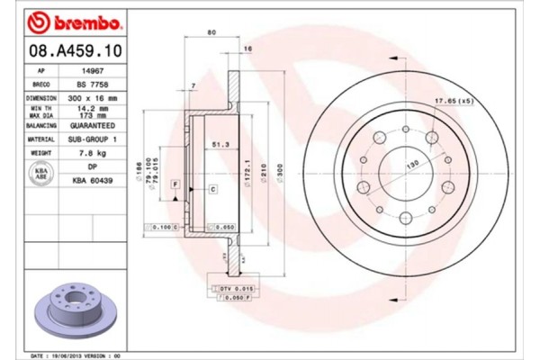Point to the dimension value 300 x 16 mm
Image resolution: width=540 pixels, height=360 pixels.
tap(94, 96)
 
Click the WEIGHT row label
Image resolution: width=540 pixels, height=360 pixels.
tap(41, 155)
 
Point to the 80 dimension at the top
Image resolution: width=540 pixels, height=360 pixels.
tap(211, 32)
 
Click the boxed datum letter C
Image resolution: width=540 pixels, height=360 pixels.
tap(212, 189)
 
